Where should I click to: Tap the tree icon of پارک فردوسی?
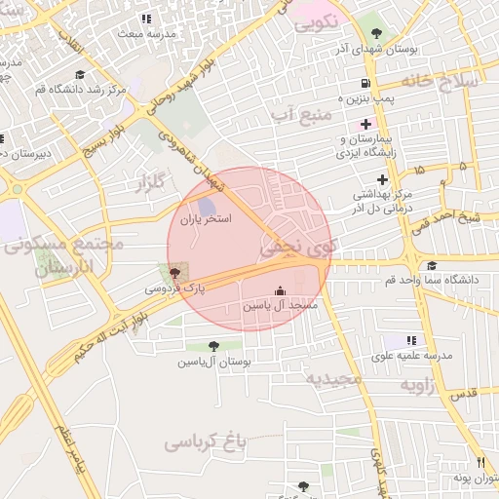coord(174,272)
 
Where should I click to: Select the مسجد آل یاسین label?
coord(281,306)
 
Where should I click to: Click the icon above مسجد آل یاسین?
coord(281,290)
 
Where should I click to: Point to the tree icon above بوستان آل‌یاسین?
coord(213,345)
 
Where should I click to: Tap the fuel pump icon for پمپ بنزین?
coord(365,84)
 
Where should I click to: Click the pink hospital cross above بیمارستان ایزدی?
coord(365,124)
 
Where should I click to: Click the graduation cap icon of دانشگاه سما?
coord(432,265)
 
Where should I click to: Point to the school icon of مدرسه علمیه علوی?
coord(411,340)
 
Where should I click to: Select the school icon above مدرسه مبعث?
coord(146,19)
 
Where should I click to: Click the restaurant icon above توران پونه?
coord(480,462)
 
